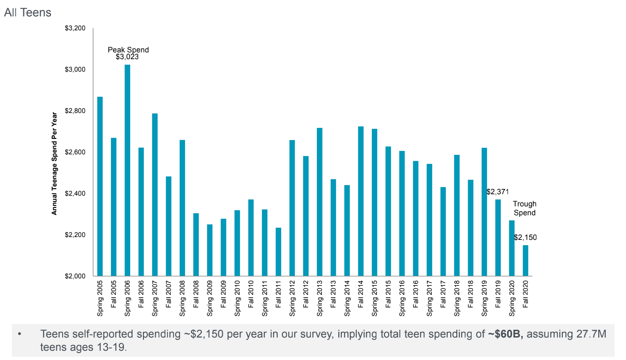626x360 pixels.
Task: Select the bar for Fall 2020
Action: pyautogui.click(x=525, y=261)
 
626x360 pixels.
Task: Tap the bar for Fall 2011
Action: pyautogui.click(x=278, y=252)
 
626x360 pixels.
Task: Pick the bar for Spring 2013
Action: pyautogui.click(x=319, y=202)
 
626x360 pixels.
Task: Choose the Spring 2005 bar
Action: pyautogui.click(x=100, y=186)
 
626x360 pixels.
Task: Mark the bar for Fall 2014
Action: pyautogui.click(x=361, y=201)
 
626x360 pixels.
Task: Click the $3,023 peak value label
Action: pyautogui.click(x=127, y=57)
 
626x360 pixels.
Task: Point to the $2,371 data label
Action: pyautogui.click(x=497, y=192)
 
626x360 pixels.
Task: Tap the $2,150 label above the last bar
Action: pyautogui.click(x=525, y=237)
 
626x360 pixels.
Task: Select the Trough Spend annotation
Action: pyautogui.click(x=524, y=209)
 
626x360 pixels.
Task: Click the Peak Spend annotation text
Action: pyautogui.click(x=128, y=50)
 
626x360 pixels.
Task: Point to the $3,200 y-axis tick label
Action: pyautogui.click(x=75, y=28)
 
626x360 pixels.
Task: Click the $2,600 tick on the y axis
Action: pyautogui.click(x=75, y=152)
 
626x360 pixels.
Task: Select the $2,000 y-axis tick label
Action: pyautogui.click(x=75, y=276)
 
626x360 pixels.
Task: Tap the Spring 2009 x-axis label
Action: pyautogui.click(x=210, y=298)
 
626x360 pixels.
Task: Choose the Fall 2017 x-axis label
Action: pyautogui.click(x=443, y=294)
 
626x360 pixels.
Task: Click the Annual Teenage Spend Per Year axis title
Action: pyautogui.click(x=54, y=164)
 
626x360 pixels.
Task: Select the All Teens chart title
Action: pyautogui.click(x=28, y=12)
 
